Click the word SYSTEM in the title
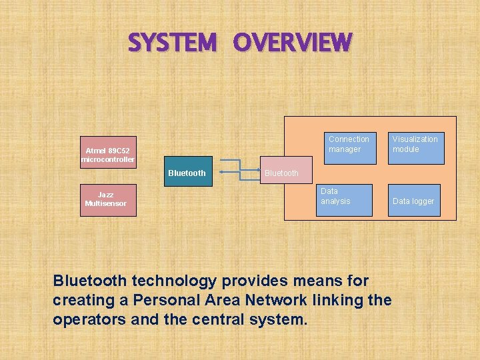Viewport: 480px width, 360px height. (x=172, y=43)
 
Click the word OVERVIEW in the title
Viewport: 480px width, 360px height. (x=292, y=43)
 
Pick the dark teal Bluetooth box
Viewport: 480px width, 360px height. (x=187, y=173)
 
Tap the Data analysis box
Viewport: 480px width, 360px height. (x=344, y=199)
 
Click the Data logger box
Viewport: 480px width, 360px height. (x=414, y=200)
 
